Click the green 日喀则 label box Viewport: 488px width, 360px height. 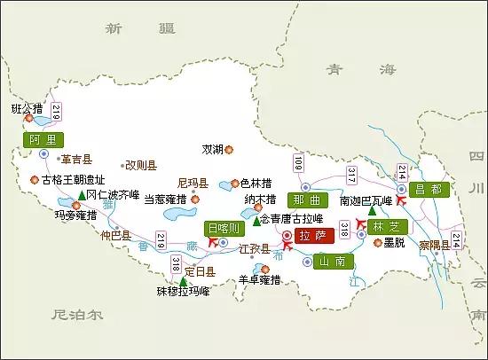click(x=223, y=228)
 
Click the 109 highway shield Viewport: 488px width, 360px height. click(x=299, y=162)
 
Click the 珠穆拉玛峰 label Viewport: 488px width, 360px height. click(x=183, y=290)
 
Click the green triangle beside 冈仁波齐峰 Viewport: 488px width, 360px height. click(x=82, y=194)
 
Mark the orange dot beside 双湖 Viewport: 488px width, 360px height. click(x=229, y=149)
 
